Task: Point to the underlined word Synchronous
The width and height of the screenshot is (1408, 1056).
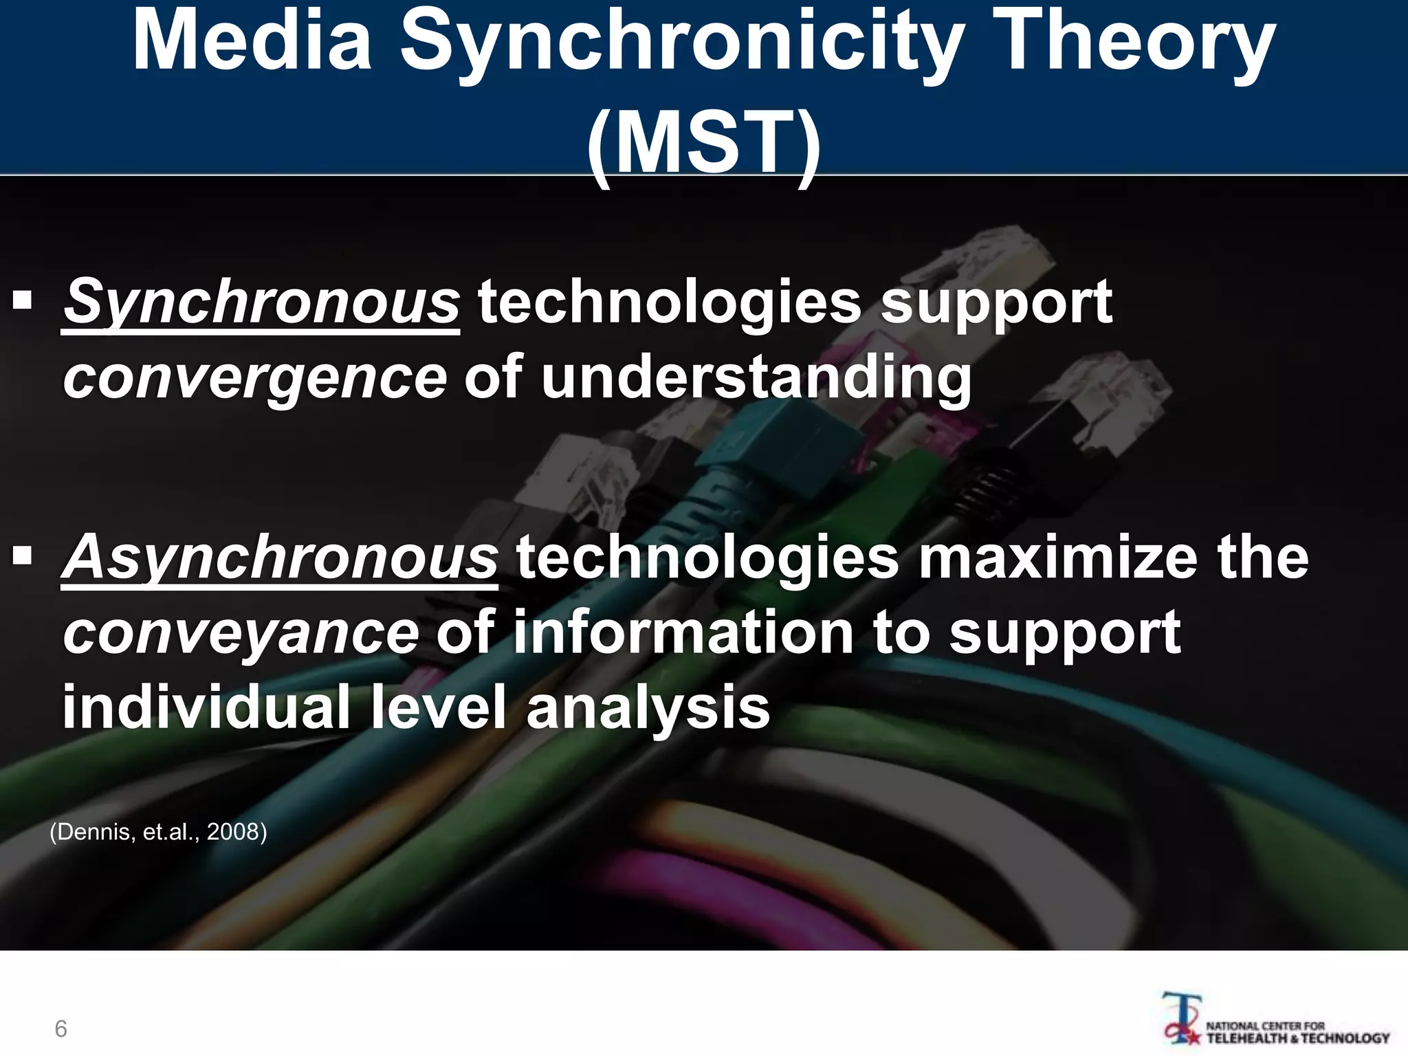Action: pyautogui.click(x=261, y=302)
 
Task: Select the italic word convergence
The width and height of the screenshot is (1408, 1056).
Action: pyautogui.click(x=255, y=377)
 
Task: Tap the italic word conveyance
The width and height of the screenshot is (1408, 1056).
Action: pyautogui.click(x=241, y=632)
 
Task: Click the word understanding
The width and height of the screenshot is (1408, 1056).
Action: pyautogui.click(x=756, y=377)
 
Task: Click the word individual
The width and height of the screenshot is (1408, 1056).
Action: pyautogui.click(x=206, y=707)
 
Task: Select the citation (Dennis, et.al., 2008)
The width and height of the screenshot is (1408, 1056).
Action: pyautogui.click(x=158, y=832)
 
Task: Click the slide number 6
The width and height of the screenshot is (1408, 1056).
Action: pyautogui.click(x=60, y=1028)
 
